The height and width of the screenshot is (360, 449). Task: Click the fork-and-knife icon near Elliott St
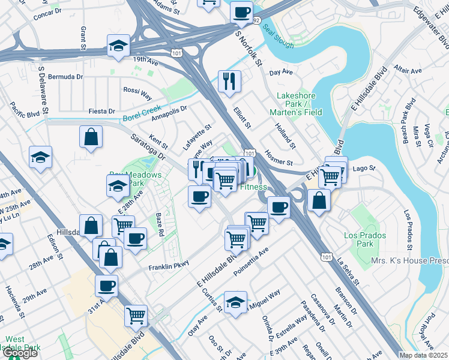coord(229,81)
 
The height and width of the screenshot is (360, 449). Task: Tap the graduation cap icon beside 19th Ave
coord(118,45)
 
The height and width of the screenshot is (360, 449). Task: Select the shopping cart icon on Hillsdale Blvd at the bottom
coord(136,315)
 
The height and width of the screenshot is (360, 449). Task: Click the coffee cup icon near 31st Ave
coord(106,286)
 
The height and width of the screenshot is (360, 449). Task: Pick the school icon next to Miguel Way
coord(235,302)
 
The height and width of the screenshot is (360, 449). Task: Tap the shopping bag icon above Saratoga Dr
coord(90,136)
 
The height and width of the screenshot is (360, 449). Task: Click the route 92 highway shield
coord(256,20)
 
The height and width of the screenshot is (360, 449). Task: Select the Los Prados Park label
coord(367,240)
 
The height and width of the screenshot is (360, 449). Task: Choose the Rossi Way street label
coord(137,93)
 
